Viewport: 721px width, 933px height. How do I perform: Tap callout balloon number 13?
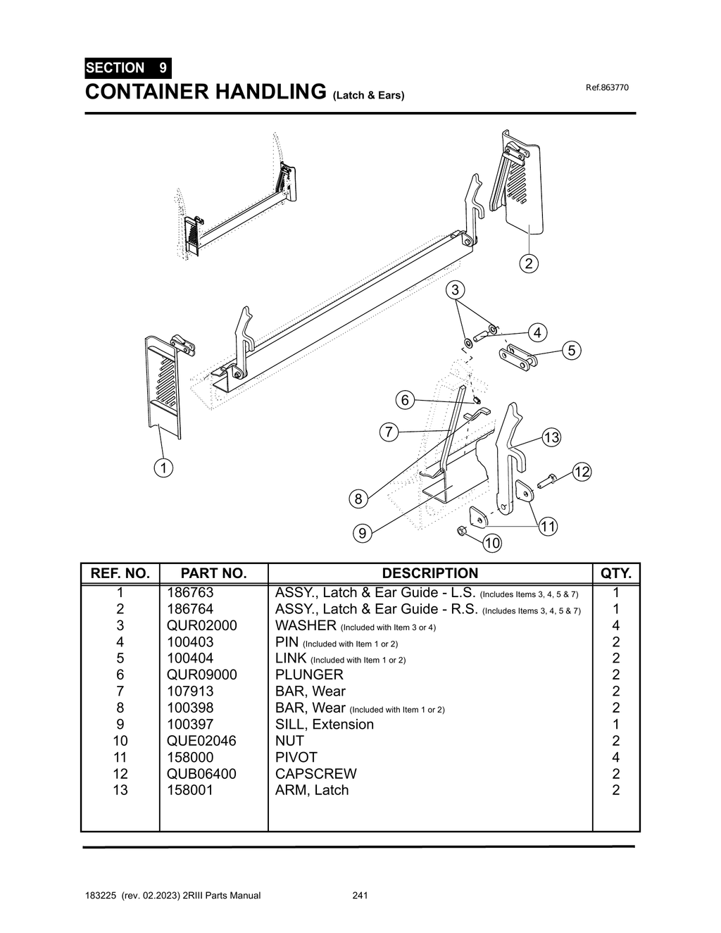click(x=551, y=438)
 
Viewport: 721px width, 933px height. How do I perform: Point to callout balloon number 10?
click(x=492, y=543)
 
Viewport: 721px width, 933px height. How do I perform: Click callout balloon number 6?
click(x=405, y=401)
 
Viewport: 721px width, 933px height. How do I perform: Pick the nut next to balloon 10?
click(x=461, y=530)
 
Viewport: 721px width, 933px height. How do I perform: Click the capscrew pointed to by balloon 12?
click(x=547, y=482)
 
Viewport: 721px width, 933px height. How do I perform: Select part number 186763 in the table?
click(x=190, y=592)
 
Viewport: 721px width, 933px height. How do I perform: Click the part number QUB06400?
click(x=201, y=773)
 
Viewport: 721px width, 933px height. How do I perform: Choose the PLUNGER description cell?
click(x=309, y=675)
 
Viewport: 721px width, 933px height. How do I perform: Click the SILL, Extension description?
click(x=325, y=724)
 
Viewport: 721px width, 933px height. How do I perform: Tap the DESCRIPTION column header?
click(x=430, y=573)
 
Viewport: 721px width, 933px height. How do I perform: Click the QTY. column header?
click(x=616, y=573)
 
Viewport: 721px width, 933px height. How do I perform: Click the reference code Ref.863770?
click(x=607, y=87)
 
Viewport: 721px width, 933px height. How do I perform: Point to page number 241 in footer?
click(x=360, y=896)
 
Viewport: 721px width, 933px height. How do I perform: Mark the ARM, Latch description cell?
click(x=312, y=790)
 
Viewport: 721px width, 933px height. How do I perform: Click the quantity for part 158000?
click(x=616, y=757)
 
